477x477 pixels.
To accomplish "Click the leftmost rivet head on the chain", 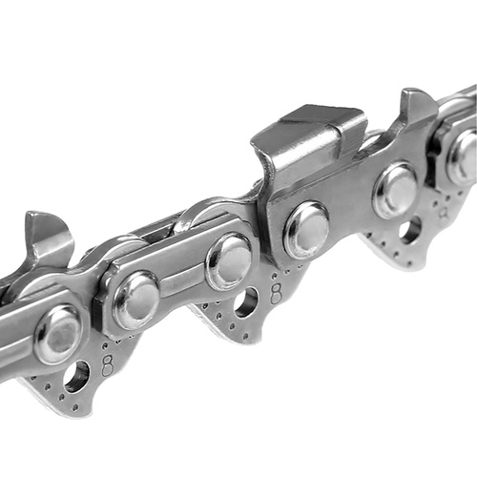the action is pyautogui.click(x=59, y=334).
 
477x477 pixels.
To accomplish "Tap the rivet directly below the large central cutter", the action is pyautogui.click(x=306, y=229).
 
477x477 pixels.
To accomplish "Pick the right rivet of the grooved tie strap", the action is pyautogui.click(x=230, y=259).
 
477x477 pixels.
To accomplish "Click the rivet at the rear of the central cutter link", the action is pyautogui.click(x=396, y=190).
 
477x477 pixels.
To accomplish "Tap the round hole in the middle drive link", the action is pyautogui.click(x=246, y=302).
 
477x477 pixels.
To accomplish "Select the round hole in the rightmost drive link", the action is pyautogui.click(x=411, y=230).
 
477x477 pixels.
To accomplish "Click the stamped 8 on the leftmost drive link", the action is pyautogui.click(x=107, y=365).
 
